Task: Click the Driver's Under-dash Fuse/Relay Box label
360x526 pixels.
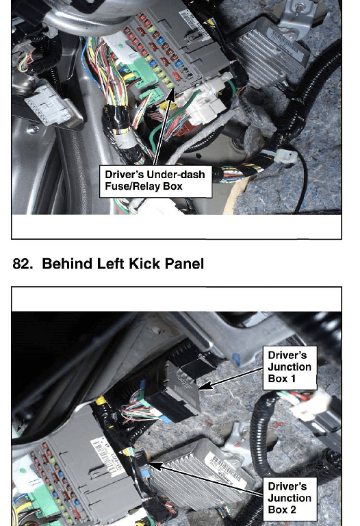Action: click(155, 181)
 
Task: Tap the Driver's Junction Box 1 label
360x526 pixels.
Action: click(290, 368)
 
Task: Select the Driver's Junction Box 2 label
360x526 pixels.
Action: click(290, 499)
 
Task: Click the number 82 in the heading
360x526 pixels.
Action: click(21, 264)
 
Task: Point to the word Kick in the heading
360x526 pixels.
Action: click(144, 264)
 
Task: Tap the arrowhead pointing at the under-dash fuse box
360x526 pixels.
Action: click(171, 95)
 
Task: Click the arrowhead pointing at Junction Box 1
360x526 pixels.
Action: click(205, 386)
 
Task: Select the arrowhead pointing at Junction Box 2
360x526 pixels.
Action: click(156, 466)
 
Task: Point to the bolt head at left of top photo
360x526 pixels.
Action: click(33, 129)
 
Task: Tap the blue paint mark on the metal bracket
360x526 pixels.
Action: click(237, 359)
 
